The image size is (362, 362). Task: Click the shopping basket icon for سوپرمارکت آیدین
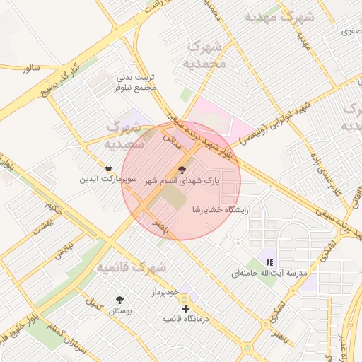[x=108, y=168]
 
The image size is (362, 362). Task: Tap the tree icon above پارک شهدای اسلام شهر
[x=182, y=170]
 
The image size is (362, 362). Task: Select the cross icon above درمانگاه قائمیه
[x=185, y=308]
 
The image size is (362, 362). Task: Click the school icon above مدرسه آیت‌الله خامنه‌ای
[x=269, y=262]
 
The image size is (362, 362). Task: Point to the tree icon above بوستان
[x=119, y=300]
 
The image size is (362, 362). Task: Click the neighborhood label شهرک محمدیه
[x=206, y=54]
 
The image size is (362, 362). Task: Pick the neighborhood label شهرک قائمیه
[x=131, y=268]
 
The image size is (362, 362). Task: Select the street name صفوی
[x=350, y=32]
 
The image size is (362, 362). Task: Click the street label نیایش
[x=63, y=249]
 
